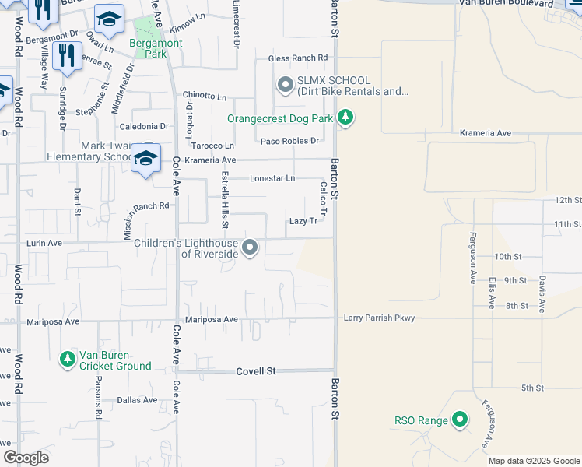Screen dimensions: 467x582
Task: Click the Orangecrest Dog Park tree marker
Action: [345, 118]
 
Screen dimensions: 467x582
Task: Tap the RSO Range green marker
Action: [459, 420]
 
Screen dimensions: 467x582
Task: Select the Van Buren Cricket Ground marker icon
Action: [68, 359]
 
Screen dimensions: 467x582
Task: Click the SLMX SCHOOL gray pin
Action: [285, 84]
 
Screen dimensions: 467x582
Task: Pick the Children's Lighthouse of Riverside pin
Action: [250, 248]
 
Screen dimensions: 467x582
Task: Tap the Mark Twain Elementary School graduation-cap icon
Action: [145, 157]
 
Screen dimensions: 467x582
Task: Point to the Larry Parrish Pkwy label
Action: [380, 318]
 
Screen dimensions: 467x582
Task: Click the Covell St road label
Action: [256, 372]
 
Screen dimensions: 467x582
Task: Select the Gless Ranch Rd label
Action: [298, 58]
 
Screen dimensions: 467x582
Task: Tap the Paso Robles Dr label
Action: [289, 141]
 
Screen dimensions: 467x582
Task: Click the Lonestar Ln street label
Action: [272, 178]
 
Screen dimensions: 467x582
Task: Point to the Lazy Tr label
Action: [303, 221]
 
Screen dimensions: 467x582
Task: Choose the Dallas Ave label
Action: [137, 400]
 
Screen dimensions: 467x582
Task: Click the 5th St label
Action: [531, 388]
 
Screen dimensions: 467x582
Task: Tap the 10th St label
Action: [507, 256]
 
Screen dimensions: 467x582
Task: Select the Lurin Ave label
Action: [44, 243]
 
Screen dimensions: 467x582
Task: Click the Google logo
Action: [26, 458]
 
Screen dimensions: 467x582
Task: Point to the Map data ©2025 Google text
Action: [533, 461]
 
